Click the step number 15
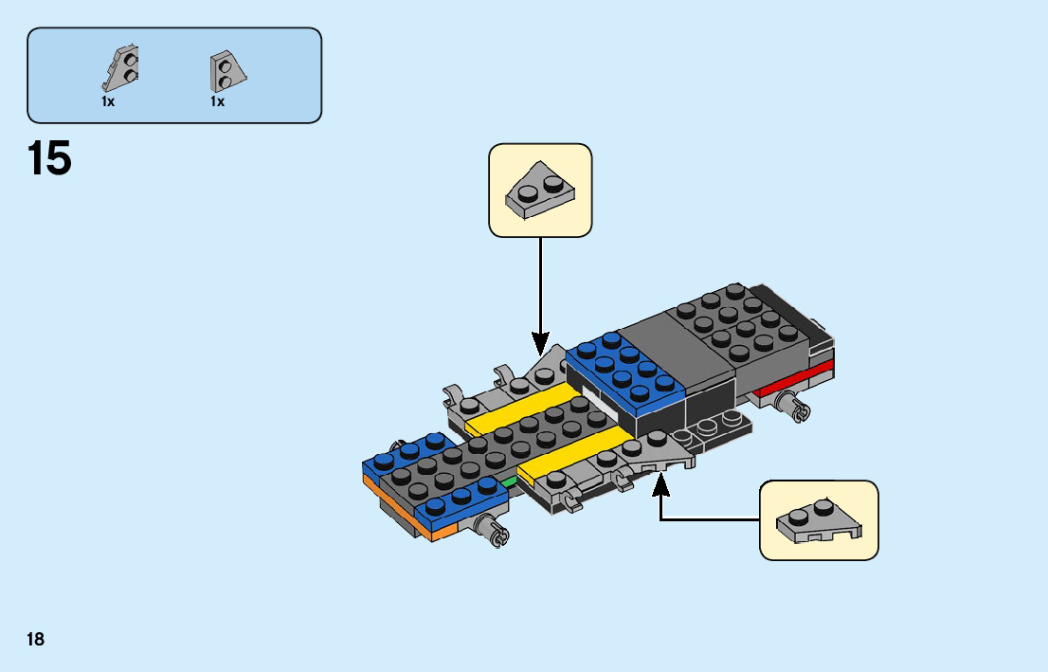pos(49,158)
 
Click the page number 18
pos(35,639)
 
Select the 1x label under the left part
pos(108,101)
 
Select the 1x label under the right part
pos(217,101)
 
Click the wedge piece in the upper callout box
pos(540,190)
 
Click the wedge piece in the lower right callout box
pos(819,521)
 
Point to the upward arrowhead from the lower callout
pos(660,483)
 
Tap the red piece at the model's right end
pos(796,379)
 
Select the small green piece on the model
pos(510,481)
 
